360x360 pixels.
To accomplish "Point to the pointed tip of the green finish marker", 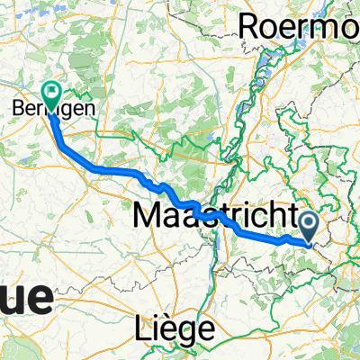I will tap(50, 107).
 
